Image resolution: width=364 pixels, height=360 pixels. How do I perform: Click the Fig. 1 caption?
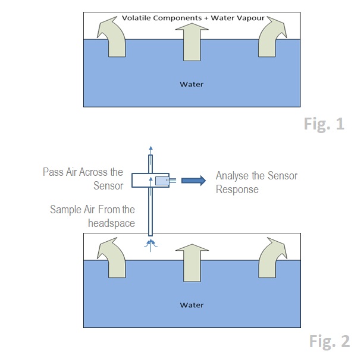tap(324, 125)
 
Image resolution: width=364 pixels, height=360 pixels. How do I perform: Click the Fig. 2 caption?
tap(330, 341)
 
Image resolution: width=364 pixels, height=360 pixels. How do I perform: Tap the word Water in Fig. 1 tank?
tap(192, 84)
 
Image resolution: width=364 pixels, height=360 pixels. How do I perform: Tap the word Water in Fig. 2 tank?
tap(192, 305)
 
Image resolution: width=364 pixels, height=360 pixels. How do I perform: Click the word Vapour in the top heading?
tap(246, 18)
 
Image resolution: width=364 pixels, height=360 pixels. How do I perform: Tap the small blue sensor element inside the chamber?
tap(161, 179)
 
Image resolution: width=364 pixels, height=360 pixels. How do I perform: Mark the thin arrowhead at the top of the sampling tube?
tap(151, 149)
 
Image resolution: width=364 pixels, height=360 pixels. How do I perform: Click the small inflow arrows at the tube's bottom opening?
tap(151, 243)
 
